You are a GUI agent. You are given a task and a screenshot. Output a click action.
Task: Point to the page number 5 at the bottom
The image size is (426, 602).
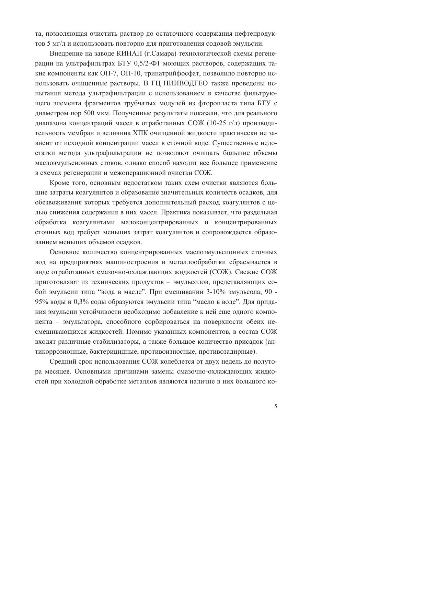pyautogui.click(x=276, y=406)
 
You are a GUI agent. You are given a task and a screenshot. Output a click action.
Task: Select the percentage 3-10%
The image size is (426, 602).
pyautogui.click(x=216, y=292)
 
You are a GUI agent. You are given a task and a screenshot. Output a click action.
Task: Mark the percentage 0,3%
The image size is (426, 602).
pyautogui.click(x=81, y=302)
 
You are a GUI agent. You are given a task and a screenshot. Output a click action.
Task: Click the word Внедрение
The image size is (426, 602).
pyautogui.click(x=65, y=54)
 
